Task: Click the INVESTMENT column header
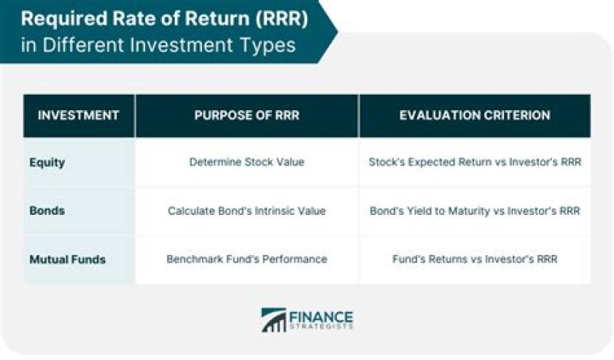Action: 79,115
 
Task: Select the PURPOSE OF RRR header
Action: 246,115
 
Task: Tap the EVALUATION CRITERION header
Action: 474,115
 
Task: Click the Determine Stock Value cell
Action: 246,161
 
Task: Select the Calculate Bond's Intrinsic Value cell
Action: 246,210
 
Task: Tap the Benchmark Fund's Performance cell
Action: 246,258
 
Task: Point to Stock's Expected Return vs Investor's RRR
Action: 474,161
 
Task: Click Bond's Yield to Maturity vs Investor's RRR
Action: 474,210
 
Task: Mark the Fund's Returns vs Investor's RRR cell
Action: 474,258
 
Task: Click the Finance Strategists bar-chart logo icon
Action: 273,320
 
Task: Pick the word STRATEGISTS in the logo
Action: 321,327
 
